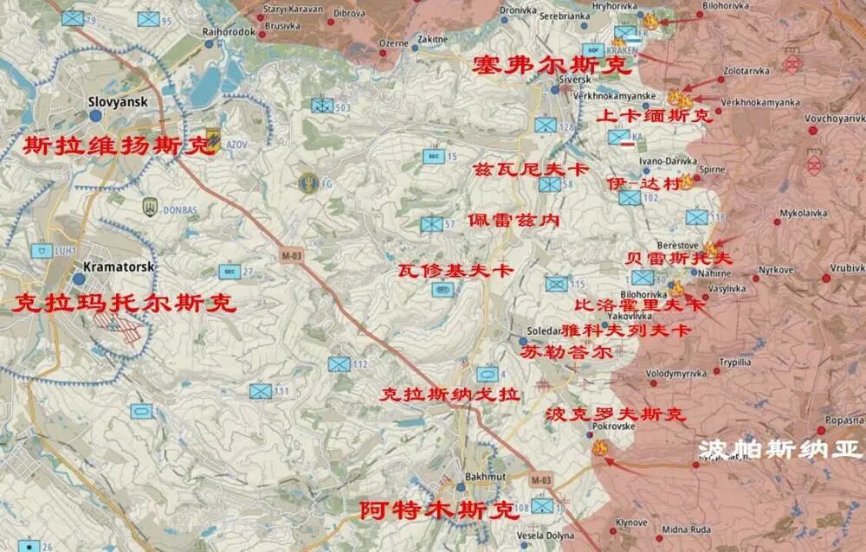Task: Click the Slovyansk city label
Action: click(x=119, y=101)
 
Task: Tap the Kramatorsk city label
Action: click(x=119, y=267)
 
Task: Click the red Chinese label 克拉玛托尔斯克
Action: click(x=125, y=304)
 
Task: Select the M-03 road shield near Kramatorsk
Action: click(x=292, y=255)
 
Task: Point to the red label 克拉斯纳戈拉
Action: click(x=450, y=395)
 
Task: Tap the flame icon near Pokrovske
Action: click(x=599, y=447)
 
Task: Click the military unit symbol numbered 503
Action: click(x=323, y=106)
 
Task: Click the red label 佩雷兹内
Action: click(x=513, y=221)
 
